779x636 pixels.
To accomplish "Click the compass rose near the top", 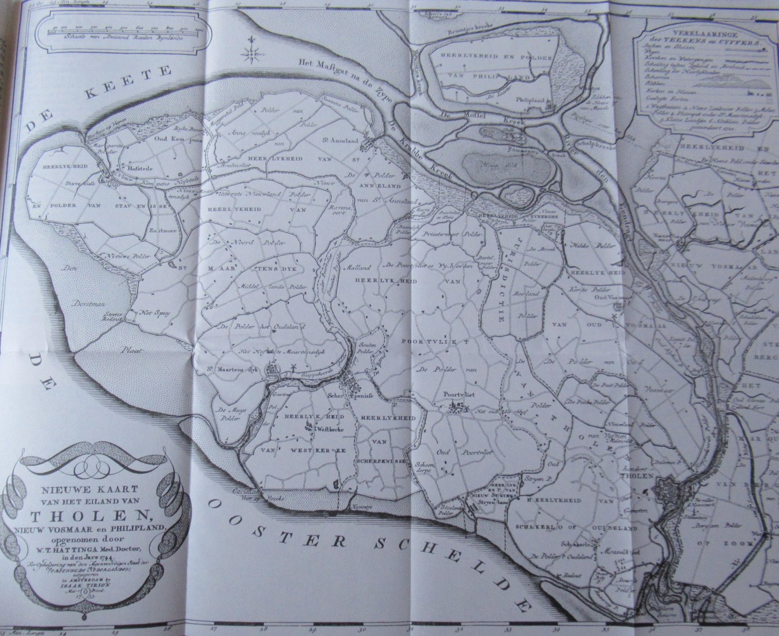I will (x=253, y=52).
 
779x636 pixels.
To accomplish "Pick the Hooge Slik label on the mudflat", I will (x=486, y=162).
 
